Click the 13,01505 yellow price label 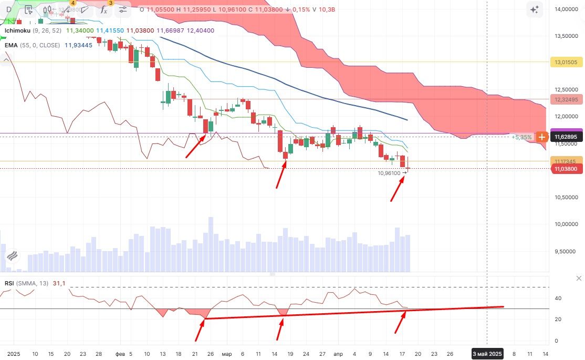566,62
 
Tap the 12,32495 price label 566,99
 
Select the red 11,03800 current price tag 566,169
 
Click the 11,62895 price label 567,137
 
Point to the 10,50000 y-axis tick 566,197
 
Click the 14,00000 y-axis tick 566,9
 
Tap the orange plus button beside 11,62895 542,137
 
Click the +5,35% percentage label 521,137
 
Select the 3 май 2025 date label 487,354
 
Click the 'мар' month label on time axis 226,354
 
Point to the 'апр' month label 338,354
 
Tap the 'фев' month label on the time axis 120,354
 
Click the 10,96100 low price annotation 389,172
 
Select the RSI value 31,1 59,283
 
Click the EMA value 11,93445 78,45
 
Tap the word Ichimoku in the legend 17,30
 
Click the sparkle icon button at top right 534,9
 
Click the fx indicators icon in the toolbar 103,9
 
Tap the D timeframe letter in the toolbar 9,9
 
